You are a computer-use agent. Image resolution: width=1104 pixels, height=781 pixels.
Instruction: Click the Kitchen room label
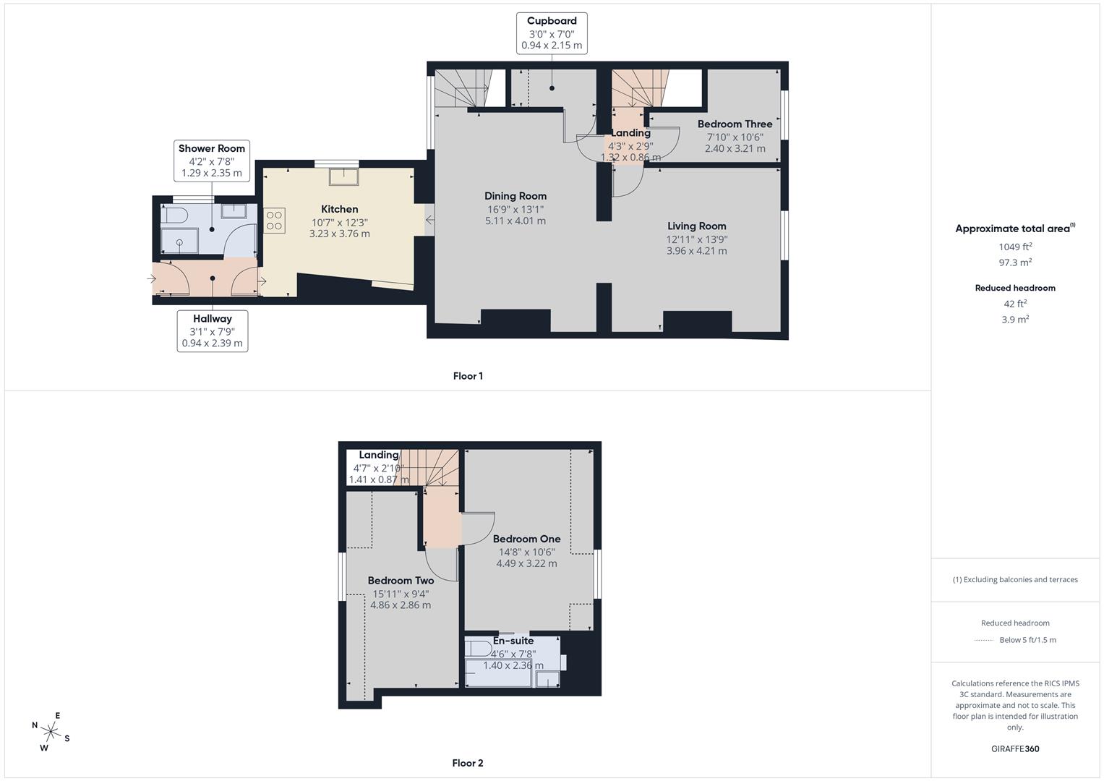(339, 209)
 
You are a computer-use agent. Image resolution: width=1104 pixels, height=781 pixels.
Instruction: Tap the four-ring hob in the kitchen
(274, 220)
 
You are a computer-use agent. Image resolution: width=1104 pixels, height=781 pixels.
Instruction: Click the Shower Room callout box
(212, 161)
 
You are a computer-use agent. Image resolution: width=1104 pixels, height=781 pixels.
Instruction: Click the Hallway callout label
(212, 331)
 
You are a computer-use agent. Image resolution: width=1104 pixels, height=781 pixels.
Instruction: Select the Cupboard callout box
(552, 33)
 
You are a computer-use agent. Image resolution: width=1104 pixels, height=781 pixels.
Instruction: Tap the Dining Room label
(515, 196)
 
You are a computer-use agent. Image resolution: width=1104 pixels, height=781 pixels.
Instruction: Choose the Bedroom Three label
(735, 124)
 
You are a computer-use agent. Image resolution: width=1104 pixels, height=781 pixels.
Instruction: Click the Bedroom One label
(526, 539)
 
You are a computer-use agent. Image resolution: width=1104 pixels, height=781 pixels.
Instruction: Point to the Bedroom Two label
(401, 580)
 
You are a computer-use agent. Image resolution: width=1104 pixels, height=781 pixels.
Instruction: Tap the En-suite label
(513, 641)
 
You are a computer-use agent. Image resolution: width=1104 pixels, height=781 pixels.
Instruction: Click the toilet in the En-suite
(478, 646)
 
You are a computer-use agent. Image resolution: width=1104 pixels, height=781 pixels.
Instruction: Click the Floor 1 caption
(468, 376)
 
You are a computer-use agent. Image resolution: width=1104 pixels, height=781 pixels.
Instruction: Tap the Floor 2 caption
(468, 763)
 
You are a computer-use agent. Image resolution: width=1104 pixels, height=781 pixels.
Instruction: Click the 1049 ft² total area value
(1015, 247)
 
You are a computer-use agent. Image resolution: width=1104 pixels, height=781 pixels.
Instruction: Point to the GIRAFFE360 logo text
(1015, 748)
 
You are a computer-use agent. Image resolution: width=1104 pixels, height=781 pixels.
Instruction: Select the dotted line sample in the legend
(984, 640)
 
